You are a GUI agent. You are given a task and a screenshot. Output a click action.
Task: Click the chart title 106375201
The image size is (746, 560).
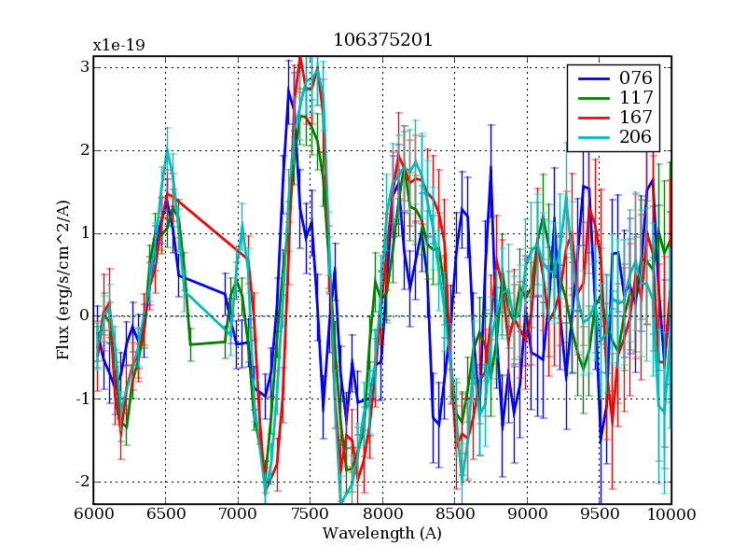tap(382, 40)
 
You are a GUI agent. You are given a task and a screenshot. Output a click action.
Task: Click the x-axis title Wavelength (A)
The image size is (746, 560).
tap(382, 534)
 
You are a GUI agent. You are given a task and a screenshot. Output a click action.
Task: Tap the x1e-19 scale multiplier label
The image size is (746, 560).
tap(118, 45)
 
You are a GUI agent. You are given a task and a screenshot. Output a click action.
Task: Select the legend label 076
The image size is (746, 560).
tap(635, 77)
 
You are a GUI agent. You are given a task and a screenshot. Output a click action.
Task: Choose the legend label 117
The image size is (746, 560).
tap(635, 97)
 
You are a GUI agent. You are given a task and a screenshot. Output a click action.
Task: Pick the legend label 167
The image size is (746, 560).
tap(635, 118)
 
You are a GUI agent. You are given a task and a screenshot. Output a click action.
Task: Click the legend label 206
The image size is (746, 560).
tap(635, 138)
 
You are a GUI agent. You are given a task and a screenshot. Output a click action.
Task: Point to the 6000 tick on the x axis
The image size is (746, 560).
tap(93, 514)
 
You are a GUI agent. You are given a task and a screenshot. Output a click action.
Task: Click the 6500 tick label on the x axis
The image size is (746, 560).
tap(166, 514)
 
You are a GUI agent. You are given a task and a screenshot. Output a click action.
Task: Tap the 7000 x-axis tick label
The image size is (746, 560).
tap(238, 514)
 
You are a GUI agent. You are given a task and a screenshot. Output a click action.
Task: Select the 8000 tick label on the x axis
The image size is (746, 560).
tap(382, 514)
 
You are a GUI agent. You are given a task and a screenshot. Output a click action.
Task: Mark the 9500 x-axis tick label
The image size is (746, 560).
tap(600, 514)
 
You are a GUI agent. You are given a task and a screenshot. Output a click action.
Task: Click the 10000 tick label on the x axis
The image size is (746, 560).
tap(671, 514)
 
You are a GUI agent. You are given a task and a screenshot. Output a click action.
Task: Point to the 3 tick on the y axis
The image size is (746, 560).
tap(84, 67)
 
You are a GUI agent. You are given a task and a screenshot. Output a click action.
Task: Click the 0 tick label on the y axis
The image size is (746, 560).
tap(84, 316)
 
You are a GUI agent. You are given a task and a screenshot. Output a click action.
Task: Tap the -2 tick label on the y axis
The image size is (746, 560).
tap(80, 482)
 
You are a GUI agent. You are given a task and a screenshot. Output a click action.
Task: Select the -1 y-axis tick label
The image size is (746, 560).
tap(80, 399)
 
